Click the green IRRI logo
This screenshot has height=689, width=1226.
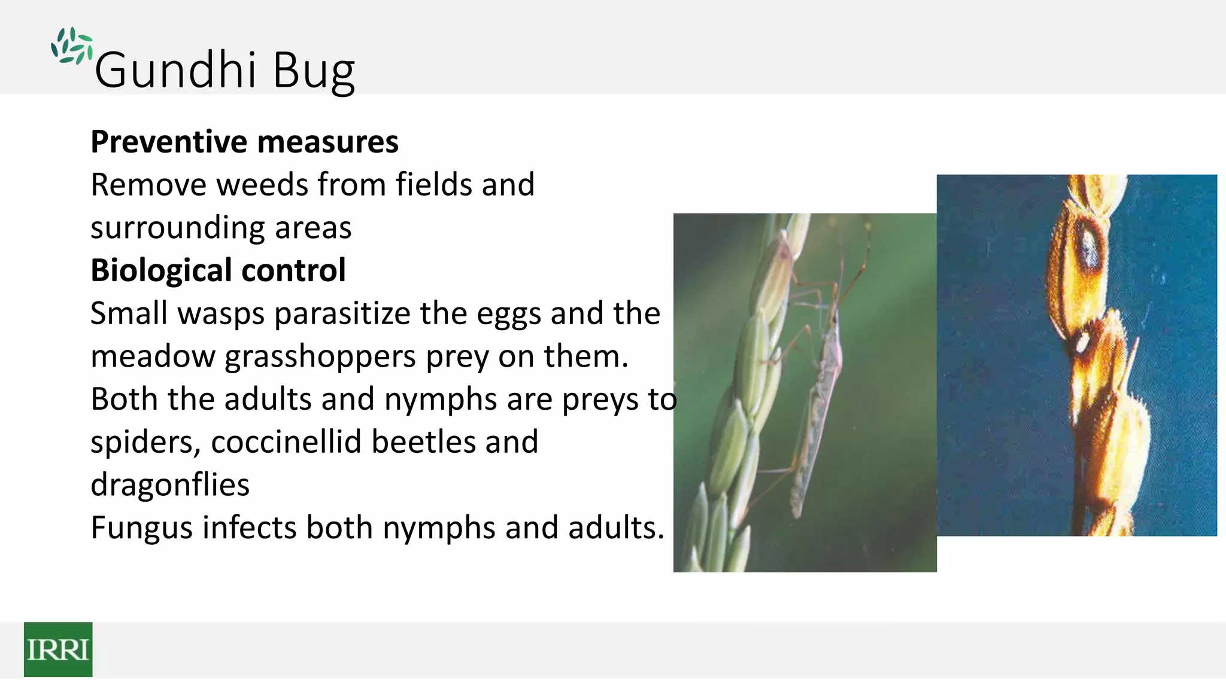[58, 649]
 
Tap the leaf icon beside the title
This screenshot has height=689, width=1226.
[72, 46]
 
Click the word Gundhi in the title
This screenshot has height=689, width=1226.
[175, 71]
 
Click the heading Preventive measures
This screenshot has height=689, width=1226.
[244, 142]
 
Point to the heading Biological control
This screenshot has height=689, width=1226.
[218, 270]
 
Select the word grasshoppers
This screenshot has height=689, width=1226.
[320, 357]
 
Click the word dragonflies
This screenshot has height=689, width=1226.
[170, 485]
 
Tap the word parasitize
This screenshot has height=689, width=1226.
[342, 315]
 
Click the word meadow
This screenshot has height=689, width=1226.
[153, 356]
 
